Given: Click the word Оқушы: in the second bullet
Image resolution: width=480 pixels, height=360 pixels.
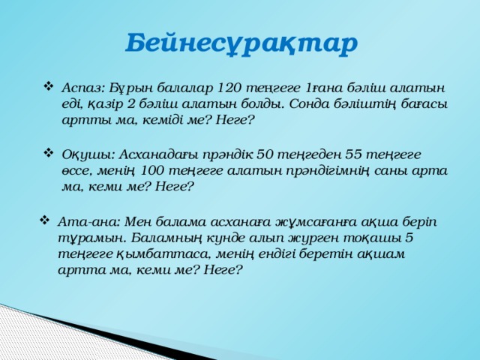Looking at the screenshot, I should (x=87, y=154).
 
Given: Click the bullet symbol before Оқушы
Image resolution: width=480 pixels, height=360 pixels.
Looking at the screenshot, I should (x=49, y=154).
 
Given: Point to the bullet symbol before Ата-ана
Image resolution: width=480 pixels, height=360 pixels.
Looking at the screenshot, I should (x=45, y=221).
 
